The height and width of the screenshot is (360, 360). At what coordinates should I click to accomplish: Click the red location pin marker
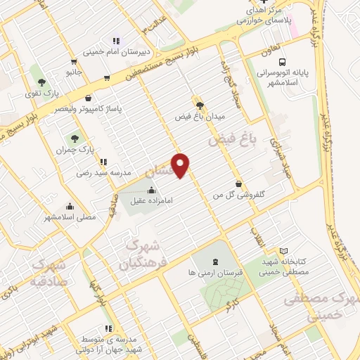coord(181,165)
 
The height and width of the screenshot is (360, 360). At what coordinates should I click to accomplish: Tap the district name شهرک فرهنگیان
coord(141,256)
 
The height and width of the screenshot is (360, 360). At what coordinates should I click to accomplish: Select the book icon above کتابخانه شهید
coord(283,251)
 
